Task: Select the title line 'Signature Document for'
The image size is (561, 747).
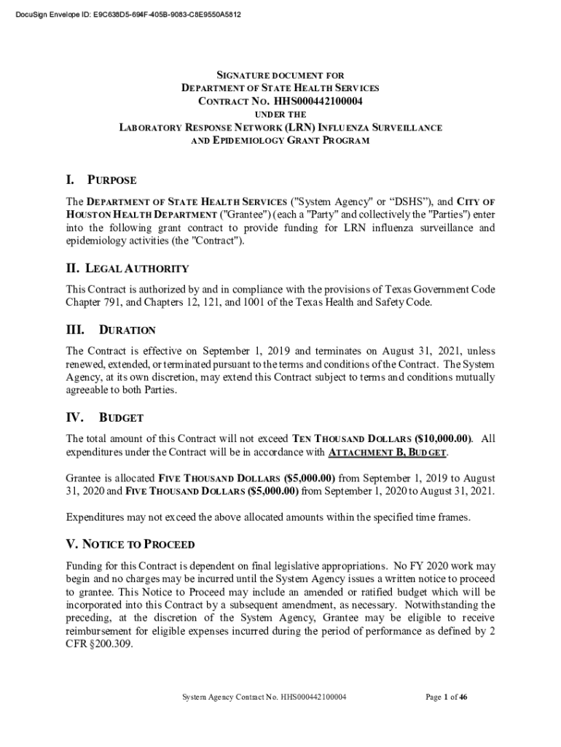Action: (x=280, y=75)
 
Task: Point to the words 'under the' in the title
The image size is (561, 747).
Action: (x=280, y=115)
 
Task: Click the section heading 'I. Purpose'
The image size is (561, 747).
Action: (x=101, y=180)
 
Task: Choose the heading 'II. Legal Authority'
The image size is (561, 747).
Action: (x=127, y=268)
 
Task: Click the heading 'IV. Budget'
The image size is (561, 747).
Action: (x=105, y=418)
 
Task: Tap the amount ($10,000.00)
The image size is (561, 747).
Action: (x=443, y=439)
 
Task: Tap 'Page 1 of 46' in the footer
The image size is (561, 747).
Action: (x=446, y=697)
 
